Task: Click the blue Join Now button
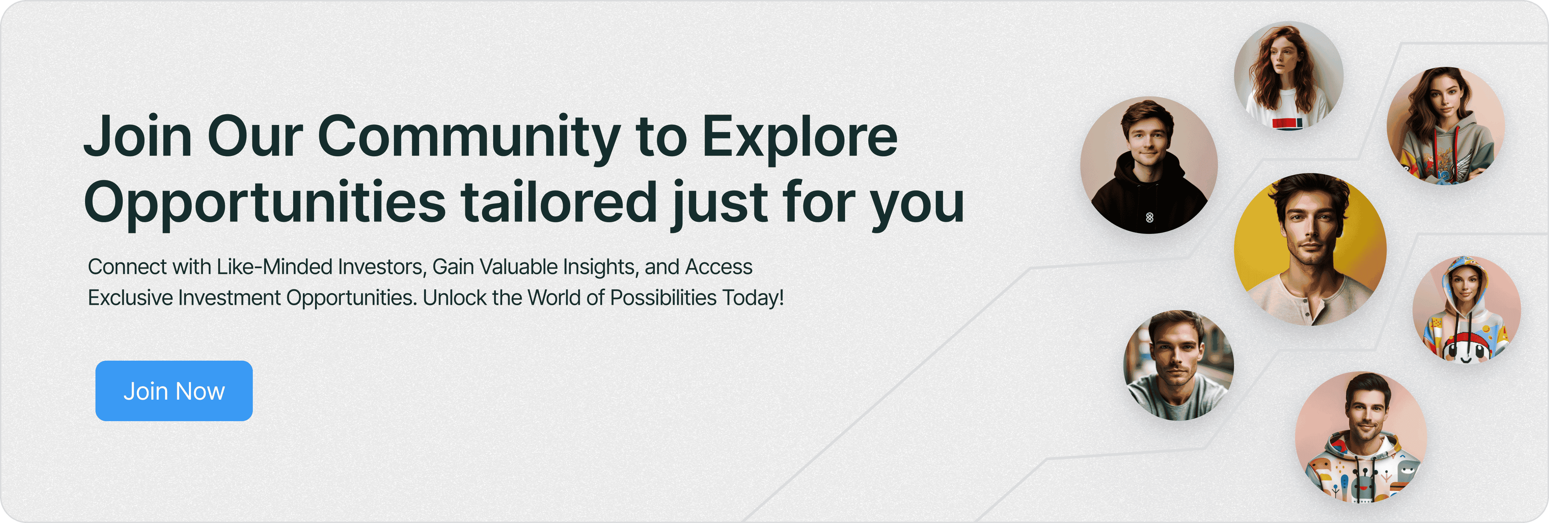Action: click(174, 391)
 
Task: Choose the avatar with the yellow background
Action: click(1310, 249)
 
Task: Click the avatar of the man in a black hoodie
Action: click(1149, 165)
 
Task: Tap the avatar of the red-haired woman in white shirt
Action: click(1288, 76)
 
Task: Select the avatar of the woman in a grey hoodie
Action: click(1445, 126)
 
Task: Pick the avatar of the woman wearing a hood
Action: click(1467, 310)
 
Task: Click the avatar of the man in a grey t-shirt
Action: click(1179, 365)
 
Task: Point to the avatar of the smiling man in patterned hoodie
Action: click(1361, 437)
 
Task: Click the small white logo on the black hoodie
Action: click(1150, 217)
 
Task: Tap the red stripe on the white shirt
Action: click(1284, 124)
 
